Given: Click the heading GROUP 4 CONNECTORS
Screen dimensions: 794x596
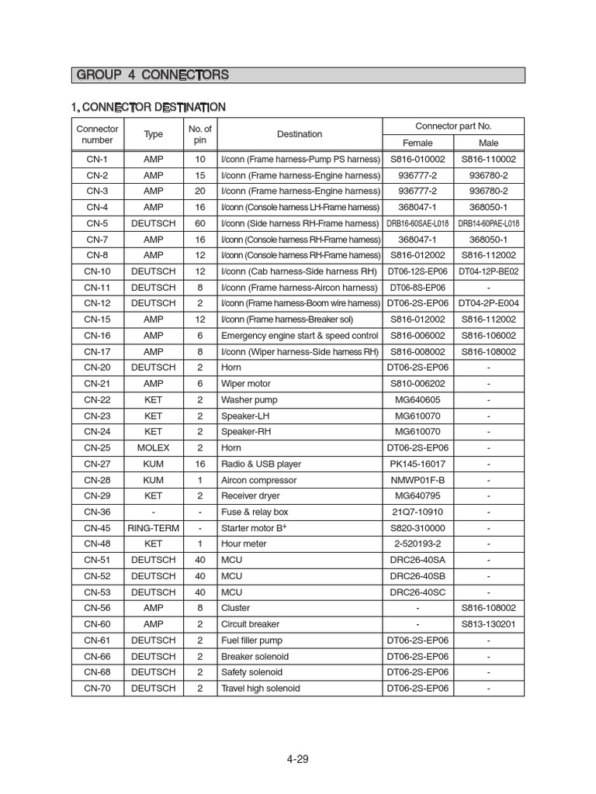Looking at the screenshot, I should pos(152,75).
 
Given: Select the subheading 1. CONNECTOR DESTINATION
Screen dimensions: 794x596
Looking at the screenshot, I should pos(148,107).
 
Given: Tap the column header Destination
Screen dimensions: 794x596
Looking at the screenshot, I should pos(300,134).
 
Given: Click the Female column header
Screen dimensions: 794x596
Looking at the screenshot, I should pos(418,143).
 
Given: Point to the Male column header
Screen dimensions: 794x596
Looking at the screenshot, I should pos(489,143).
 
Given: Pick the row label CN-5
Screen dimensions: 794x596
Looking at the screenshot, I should pos(97,223).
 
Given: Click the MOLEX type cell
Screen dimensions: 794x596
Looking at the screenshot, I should pos(154,448).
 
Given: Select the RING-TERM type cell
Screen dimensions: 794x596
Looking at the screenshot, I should pos(154,528).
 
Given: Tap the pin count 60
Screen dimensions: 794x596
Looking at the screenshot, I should pos(200,223).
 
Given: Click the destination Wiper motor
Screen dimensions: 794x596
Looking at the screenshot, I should pos(248,384).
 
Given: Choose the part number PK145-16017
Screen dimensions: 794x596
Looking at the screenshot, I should pos(418,464).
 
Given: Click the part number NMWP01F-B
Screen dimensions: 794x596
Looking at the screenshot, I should pos(418,480).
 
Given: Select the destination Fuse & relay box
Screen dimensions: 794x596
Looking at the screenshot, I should pos(255,512).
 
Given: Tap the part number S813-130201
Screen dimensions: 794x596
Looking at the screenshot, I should pos(489,624).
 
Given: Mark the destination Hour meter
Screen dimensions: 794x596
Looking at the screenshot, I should pos(244,544).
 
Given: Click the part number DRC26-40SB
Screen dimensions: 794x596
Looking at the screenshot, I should pos(418,576).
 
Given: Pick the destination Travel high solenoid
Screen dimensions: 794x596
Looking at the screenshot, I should pos(261,689).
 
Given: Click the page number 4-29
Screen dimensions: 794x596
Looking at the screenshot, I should pos(297,759).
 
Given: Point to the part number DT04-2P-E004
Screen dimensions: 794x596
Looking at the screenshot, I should pos(489,303).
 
